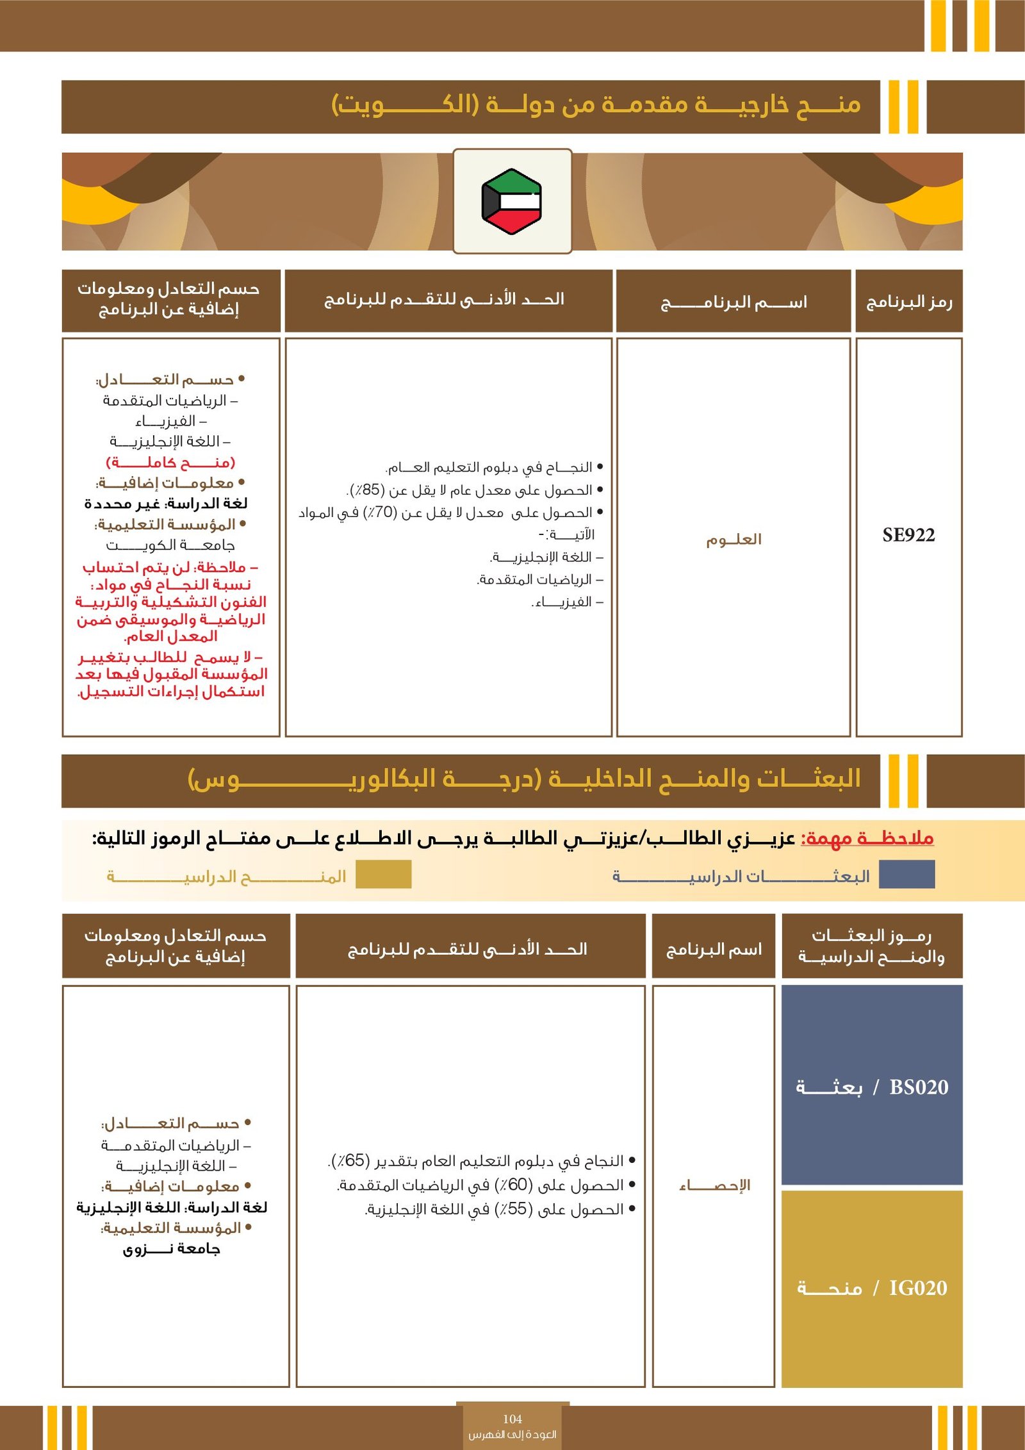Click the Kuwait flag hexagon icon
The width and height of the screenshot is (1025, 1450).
click(511, 201)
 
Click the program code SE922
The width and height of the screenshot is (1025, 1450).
click(908, 536)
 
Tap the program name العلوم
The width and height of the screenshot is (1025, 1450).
click(734, 540)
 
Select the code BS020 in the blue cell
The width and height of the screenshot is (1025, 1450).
click(919, 1087)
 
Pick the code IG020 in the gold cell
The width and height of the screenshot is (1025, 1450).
click(917, 1288)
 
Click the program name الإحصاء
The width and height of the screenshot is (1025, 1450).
click(714, 1185)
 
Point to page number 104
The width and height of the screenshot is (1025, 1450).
click(512, 1419)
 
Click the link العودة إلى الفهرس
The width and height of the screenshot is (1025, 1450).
click(512, 1435)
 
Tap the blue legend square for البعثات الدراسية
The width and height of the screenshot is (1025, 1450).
click(906, 875)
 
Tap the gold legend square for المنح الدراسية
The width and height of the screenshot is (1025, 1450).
click(383, 875)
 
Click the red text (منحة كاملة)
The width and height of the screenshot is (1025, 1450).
click(170, 462)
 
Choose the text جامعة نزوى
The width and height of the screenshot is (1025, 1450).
click(171, 1249)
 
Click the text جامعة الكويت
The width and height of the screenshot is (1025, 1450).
click(170, 545)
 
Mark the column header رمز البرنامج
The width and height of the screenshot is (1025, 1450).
click(908, 302)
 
